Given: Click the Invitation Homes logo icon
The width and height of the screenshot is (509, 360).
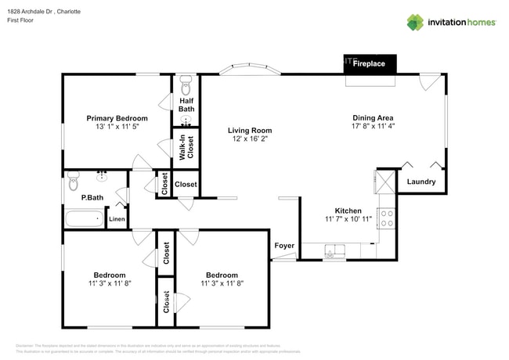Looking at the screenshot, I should (414, 23).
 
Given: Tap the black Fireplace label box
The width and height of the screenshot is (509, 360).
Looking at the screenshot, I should (370, 63).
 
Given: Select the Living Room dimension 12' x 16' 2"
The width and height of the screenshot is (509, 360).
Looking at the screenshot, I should (249, 139).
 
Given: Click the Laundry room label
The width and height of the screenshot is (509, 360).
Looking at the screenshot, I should (421, 182).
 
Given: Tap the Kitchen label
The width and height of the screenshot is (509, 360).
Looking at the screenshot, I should (348, 211).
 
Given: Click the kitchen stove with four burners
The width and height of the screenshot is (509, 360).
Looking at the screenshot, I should (386, 218).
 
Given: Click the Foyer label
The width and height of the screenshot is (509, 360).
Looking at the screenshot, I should (284, 246).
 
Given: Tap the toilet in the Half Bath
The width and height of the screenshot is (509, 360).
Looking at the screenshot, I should (186, 83).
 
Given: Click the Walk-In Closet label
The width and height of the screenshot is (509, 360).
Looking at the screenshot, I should (186, 147).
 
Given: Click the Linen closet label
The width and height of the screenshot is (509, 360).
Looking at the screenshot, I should (116, 220).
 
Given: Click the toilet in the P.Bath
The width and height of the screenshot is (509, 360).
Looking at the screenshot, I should (74, 178).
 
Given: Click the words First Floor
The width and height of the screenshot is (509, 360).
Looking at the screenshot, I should (23, 22).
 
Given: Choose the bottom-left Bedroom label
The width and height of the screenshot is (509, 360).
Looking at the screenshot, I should (110, 275).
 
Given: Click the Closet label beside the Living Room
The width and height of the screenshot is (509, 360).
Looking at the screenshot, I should (186, 185).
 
